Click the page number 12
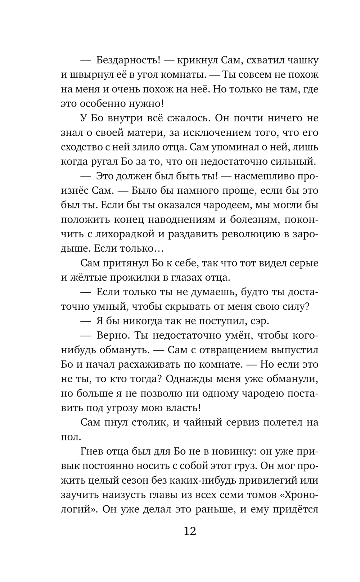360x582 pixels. (x=189, y=531)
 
